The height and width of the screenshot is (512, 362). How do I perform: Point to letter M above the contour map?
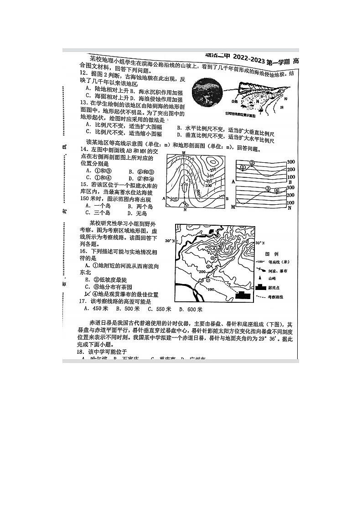[x=183, y=152]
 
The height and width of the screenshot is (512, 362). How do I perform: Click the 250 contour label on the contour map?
[x=212, y=170]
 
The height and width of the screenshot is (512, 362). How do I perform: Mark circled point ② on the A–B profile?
[x=251, y=162]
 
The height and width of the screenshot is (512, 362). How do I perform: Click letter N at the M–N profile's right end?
[x=290, y=207]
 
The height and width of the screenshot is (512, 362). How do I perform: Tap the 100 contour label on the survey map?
[x=211, y=289]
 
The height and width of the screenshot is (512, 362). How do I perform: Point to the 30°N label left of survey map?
[x=169, y=240]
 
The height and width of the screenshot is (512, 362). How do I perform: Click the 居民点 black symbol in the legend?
[x=262, y=288]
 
